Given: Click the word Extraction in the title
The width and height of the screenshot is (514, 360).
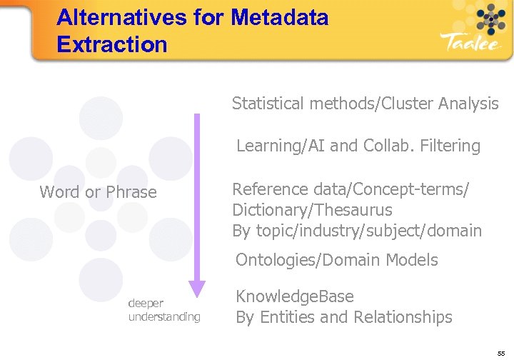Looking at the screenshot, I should pyautogui.click(x=111, y=44).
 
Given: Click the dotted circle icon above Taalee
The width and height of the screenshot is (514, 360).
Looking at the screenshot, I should pyautogui.click(x=491, y=16).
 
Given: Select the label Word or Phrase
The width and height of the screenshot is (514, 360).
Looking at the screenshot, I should pyautogui.click(x=98, y=192).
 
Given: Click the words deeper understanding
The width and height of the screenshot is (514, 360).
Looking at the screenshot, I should pyautogui.click(x=164, y=310).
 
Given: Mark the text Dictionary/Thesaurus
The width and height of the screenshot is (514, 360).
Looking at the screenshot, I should pyautogui.click(x=312, y=210).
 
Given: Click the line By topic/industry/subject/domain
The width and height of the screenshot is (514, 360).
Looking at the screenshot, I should pyautogui.click(x=357, y=231).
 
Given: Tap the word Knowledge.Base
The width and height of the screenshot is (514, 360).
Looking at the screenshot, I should pyautogui.click(x=295, y=296).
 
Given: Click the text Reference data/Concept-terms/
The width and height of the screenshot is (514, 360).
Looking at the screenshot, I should pyautogui.click(x=351, y=189).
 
